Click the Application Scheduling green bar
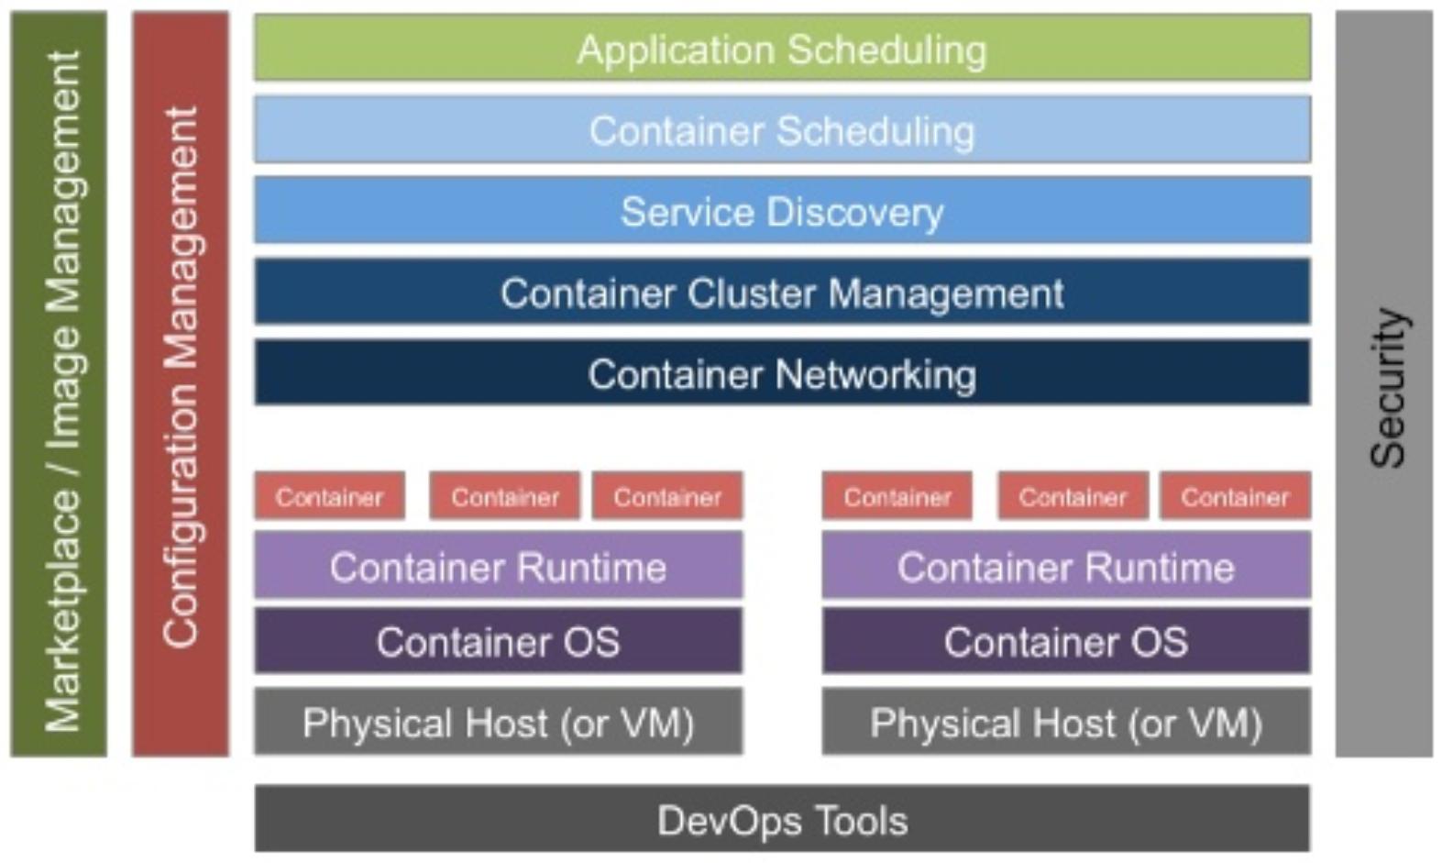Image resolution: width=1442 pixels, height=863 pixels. pyautogui.click(x=782, y=49)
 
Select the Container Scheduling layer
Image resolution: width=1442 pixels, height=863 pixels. pyautogui.click(x=782, y=130)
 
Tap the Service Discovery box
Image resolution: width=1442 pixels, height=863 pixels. pyautogui.click(x=782, y=212)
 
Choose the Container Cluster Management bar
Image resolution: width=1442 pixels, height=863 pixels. pyautogui.click(x=782, y=293)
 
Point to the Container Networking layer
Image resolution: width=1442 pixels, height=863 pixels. pyautogui.click(x=782, y=374)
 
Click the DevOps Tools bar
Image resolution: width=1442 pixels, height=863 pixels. pyautogui.click(x=782, y=820)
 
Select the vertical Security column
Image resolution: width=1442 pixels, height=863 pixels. pyautogui.click(x=1384, y=385)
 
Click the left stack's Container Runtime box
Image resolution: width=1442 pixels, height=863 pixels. pyautogui.click(x=498, y=567)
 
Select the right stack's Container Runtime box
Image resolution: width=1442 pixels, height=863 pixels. pyautogui.click(x=1066, y=567)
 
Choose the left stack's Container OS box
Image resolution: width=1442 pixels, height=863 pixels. pyautogui.click(x=498, y=642)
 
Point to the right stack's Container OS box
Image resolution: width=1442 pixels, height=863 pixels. pyautogui.click(x=1066, y=642)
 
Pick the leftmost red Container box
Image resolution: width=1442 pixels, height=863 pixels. pyautogui.click(x=329, y=497)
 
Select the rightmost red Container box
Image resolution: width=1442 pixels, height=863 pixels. pyautogui.click(x=1235, y=497)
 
